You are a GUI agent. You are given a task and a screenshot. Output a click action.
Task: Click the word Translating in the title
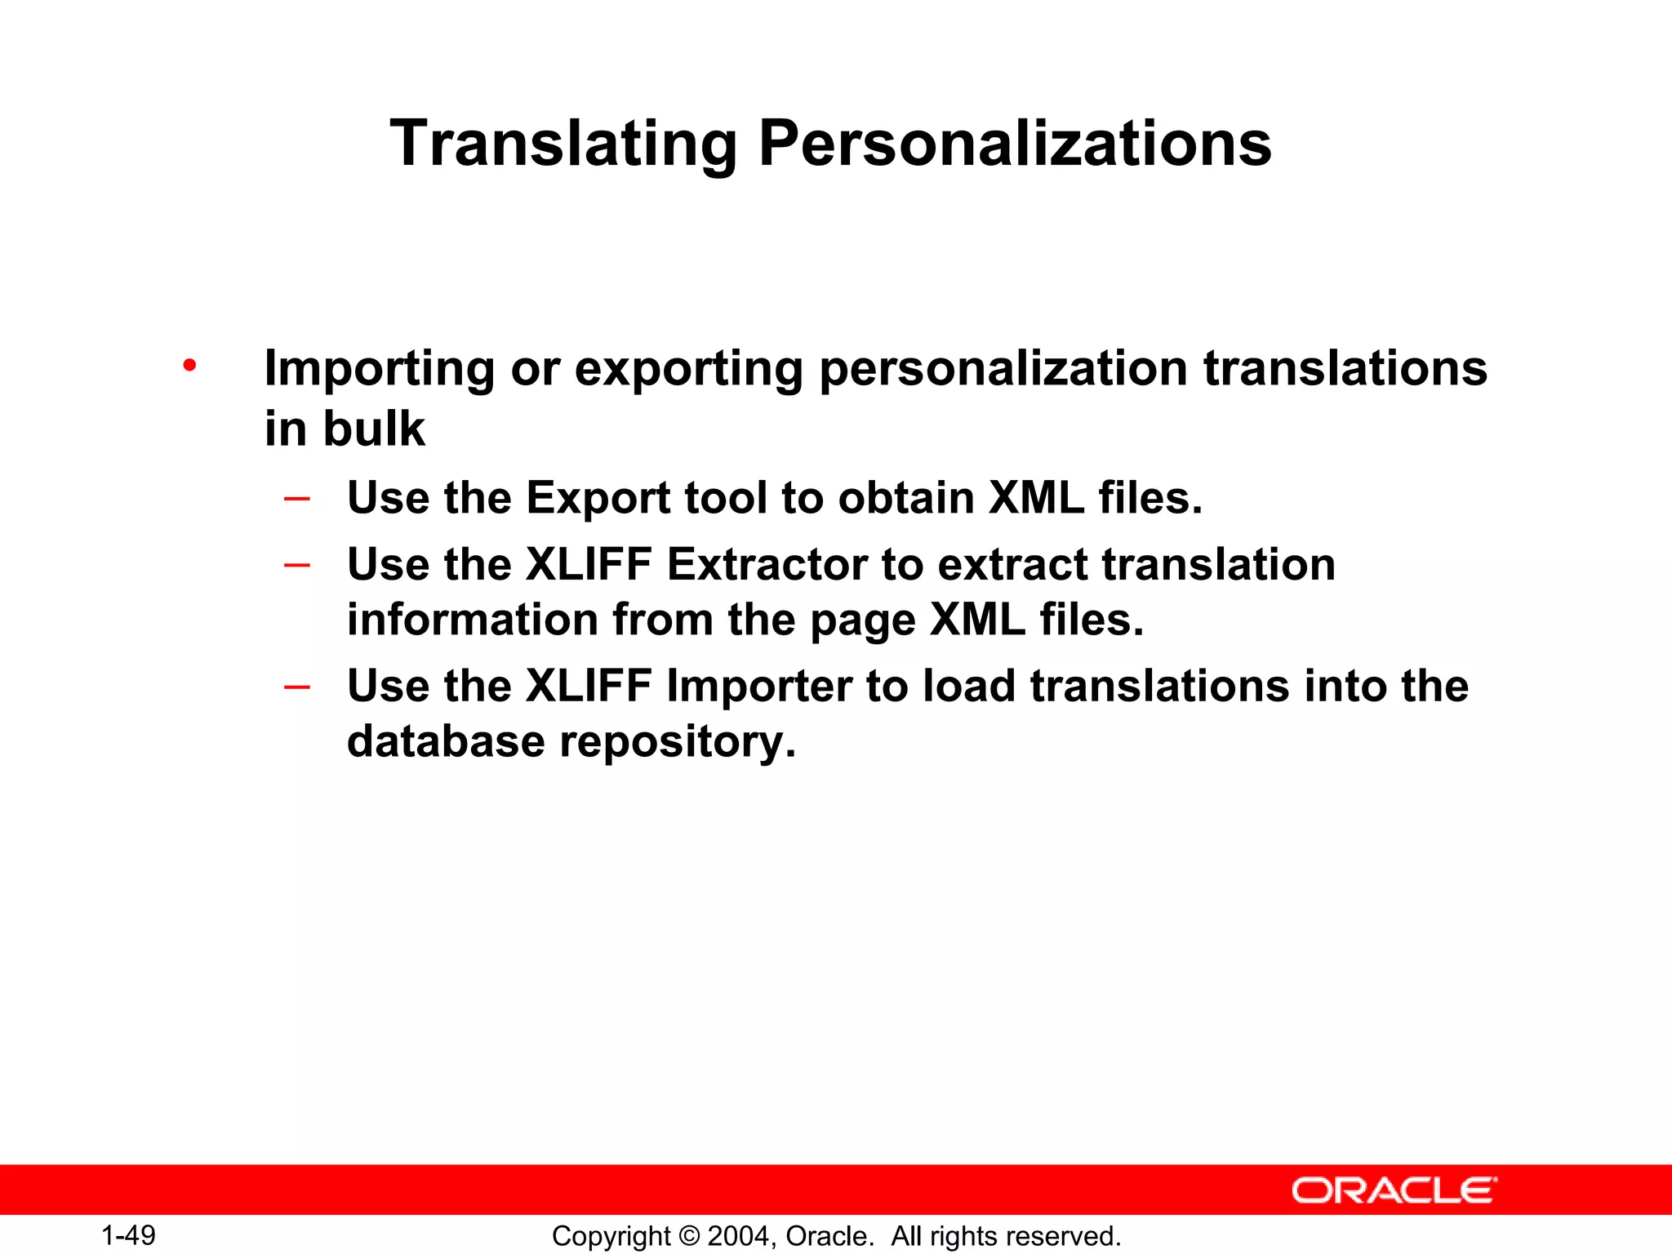(563, 145)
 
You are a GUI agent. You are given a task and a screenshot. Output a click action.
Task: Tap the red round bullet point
(189, 365)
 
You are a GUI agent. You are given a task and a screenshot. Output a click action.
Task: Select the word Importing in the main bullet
(380, 369)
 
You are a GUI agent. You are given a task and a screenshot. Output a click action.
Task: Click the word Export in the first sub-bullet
(598, 498)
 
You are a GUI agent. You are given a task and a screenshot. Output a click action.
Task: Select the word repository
(677, 743)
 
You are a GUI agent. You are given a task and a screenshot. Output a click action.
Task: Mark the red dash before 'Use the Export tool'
(296, 498)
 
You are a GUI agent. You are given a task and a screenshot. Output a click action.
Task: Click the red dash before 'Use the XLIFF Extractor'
(296, 564)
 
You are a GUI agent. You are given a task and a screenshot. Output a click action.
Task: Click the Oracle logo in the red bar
(1394, 1190)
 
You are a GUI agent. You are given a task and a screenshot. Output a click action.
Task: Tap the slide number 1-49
(128, 1235)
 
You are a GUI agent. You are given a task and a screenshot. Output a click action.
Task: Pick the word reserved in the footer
(1068, 1236)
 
